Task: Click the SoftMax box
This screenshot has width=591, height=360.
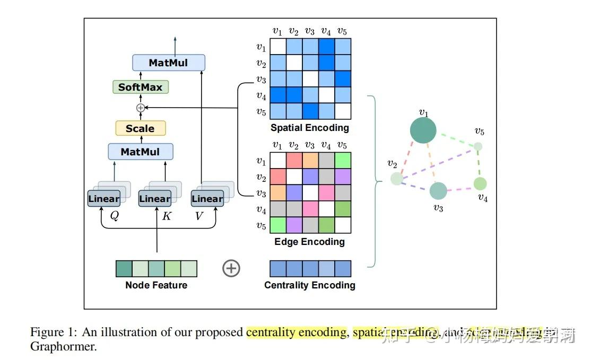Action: tap(140, 86)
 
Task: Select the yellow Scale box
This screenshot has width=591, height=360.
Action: tap(140, 128)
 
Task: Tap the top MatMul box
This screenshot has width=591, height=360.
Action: tap(168, 63)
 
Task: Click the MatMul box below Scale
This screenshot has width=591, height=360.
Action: tap(140, 152)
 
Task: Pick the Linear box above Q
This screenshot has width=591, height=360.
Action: tap(103, 199)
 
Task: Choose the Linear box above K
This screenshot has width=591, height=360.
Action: tap(154, 199)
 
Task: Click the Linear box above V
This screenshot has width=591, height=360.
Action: tap(207, 199)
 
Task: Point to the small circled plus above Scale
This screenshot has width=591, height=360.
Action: tap(140, 108)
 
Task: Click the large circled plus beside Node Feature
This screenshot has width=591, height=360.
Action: tap(231, 268)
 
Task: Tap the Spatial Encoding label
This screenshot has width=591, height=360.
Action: tap(310, 128)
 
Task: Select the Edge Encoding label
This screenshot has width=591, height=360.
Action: tap(309, 242)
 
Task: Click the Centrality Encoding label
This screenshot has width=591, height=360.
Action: tap(310, 285)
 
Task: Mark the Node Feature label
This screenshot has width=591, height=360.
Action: tap(156, 285)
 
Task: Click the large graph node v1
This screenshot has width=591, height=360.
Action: tap(423, 130)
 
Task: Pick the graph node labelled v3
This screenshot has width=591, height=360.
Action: tap(438, 191)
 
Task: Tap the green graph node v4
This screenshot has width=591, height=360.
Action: tap(480, 184)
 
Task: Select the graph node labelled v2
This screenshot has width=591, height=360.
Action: tap(396, 179)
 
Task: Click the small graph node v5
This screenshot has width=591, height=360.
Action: tap(478, 146)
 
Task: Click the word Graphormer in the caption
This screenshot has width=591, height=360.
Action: tap(64, 347)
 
